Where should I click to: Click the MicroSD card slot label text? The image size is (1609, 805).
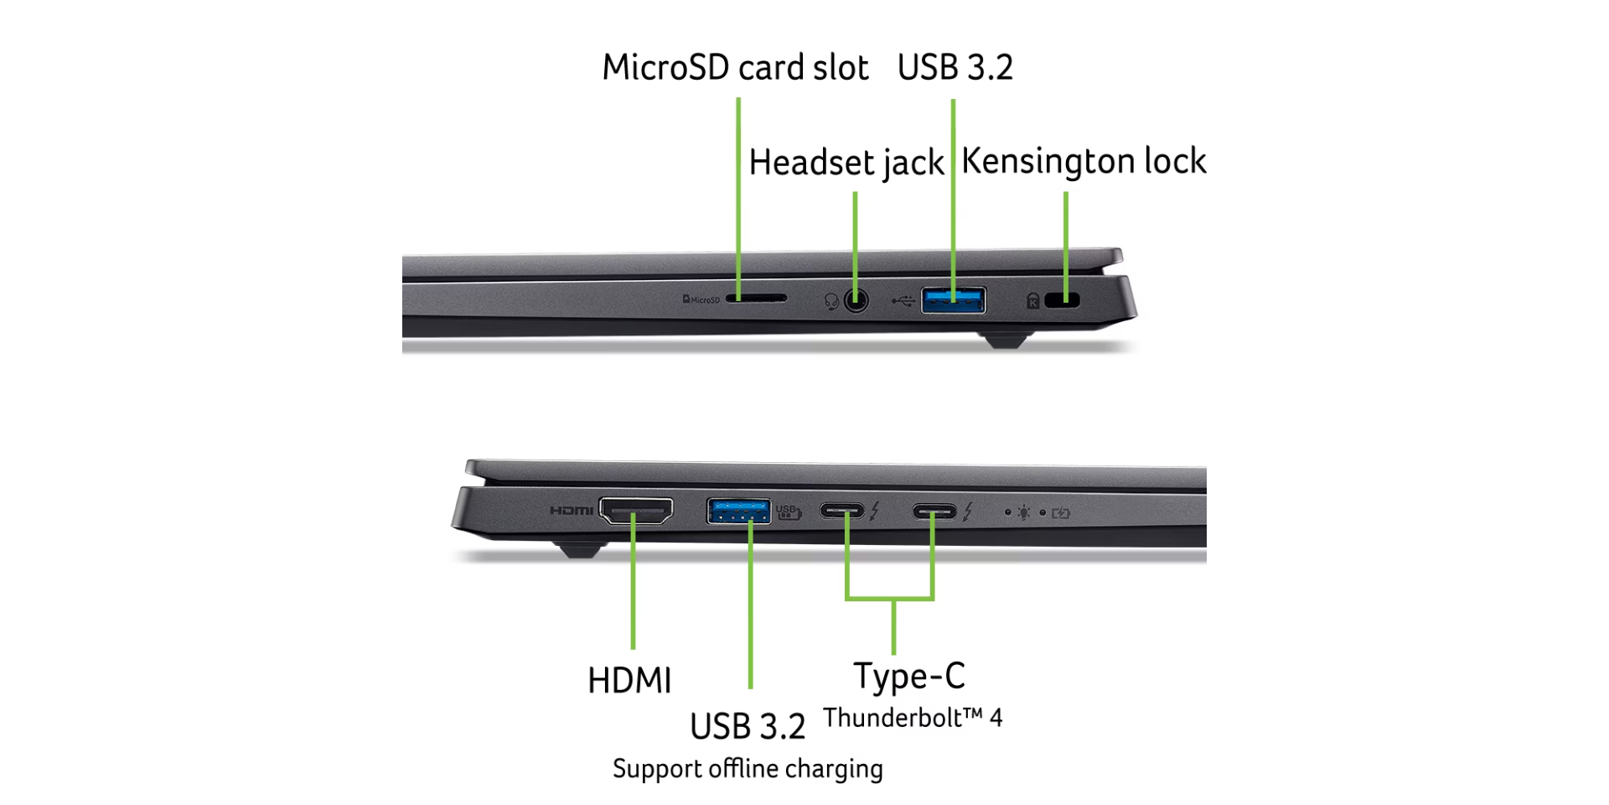[x=735, y=67]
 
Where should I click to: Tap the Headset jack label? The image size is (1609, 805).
[x=846, y=163]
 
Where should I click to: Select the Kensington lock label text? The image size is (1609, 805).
[x=1084, y=161]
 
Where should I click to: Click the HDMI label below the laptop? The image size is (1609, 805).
[x=629, y=680]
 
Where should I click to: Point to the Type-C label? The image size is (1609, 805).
[x=909, y=676]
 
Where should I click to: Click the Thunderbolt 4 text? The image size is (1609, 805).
[x=913, y=718]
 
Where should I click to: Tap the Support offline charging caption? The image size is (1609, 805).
[x=748, y=769]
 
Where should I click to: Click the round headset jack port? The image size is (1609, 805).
[x=856, y=299]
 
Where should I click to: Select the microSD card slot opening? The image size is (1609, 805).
[x=756, y=298]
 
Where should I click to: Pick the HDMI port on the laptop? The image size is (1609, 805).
[x=636, y=510]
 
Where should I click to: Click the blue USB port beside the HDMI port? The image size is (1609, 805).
[x=738, y=510]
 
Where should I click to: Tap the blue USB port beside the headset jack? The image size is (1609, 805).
[x=954, y=299]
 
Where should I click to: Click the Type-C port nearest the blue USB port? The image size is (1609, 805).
[x=841, y=511]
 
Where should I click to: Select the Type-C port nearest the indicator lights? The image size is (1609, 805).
[x=934, y=511]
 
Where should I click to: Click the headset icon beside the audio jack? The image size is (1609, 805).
[x=831, y=301]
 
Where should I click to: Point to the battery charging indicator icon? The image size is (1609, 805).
[x=1061, y=512]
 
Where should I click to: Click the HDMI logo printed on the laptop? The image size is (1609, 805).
[x=572, y=510]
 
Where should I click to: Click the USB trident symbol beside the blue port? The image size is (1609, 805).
[x=903, y=300]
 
